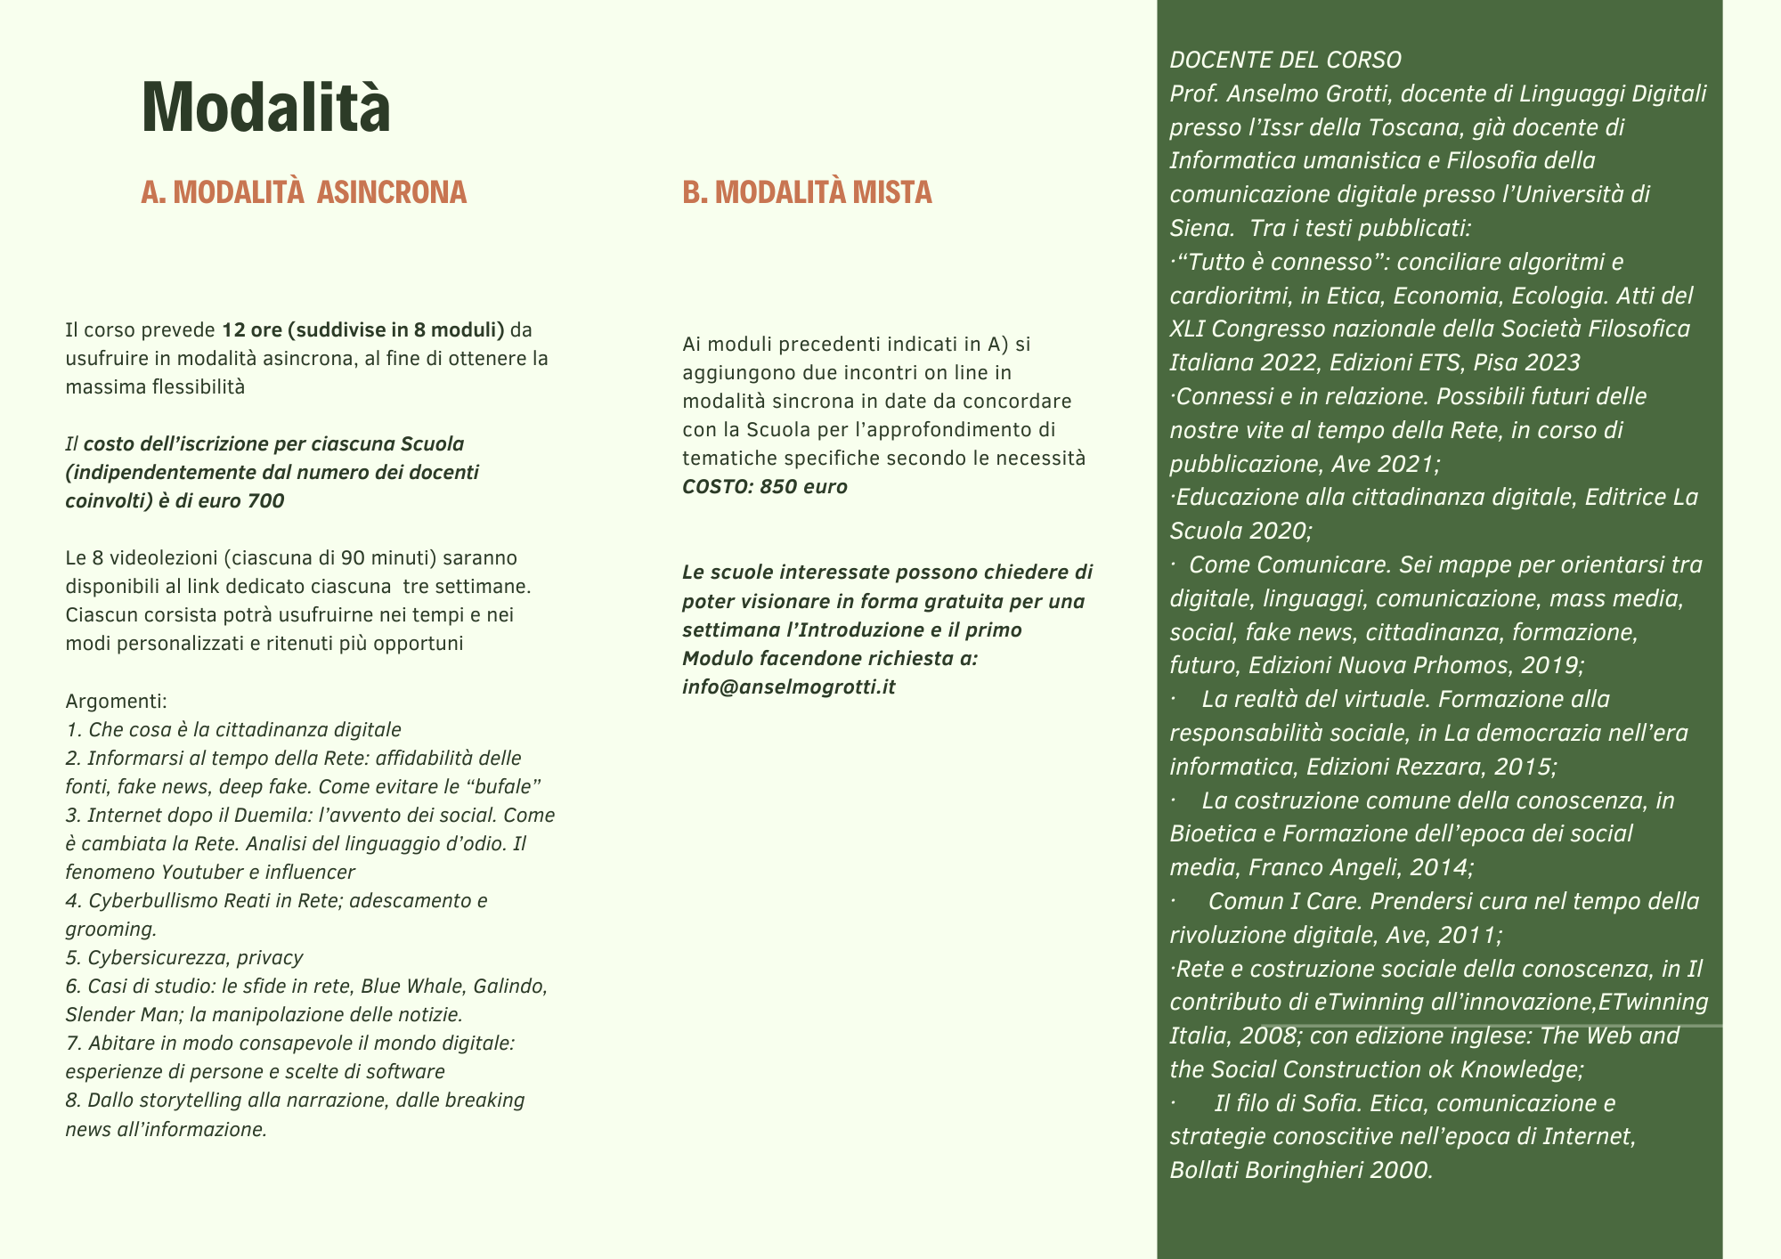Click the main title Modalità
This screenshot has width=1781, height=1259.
pyautogui.click(x=265, y=108)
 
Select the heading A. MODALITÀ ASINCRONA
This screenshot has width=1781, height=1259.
pyautogui.click(x=304, y=192)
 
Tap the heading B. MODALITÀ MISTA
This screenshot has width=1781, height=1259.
pyautogui.click(x=807, y=192)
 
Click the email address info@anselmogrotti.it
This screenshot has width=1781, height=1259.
pyautogui.click(x=788, y=687)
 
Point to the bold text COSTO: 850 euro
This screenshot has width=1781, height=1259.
pyautogui.click(x=765, y=487)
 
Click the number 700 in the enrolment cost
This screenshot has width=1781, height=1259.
pyautogui.click(x=266, y=501)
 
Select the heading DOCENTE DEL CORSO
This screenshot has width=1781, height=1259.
pyautogui.click(x=1285, y=61)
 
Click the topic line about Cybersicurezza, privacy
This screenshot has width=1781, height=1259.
pyautogui.click(x=184, y=958)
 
